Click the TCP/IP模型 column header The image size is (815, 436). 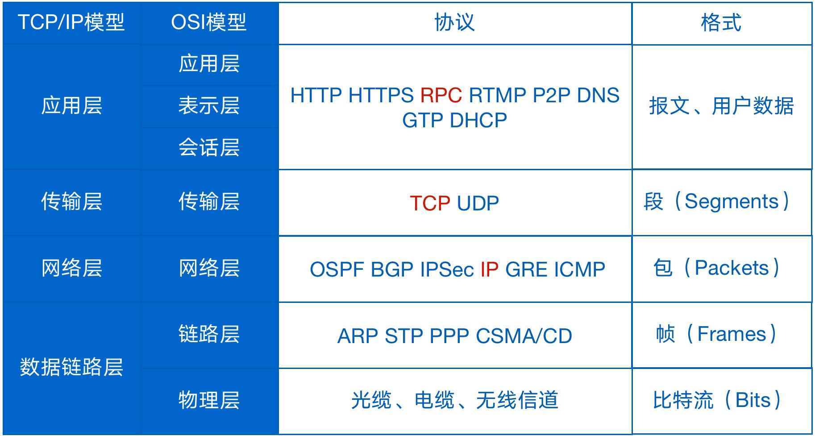coord(71,22)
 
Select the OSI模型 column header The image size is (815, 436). coord(208,22)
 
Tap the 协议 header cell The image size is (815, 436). coord(454,22)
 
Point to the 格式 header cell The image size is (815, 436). coord(721,22)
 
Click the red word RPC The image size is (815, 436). coord(441,95)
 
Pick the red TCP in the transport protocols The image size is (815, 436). coord(430,203)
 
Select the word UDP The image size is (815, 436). coord(478,203)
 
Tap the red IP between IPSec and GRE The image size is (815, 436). coord(489,269)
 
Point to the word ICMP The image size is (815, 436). coord(579,269)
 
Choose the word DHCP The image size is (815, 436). coord(478,120)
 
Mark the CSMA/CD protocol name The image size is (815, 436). coord(524,336)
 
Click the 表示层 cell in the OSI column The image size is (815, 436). coord(209,106)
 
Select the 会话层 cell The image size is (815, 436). coord(209,147)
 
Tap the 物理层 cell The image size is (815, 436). coord(209,400)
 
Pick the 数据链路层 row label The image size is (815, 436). coord(71,367)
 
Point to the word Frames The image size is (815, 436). coord(732,334)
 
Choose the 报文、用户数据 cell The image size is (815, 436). coord(721,106)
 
